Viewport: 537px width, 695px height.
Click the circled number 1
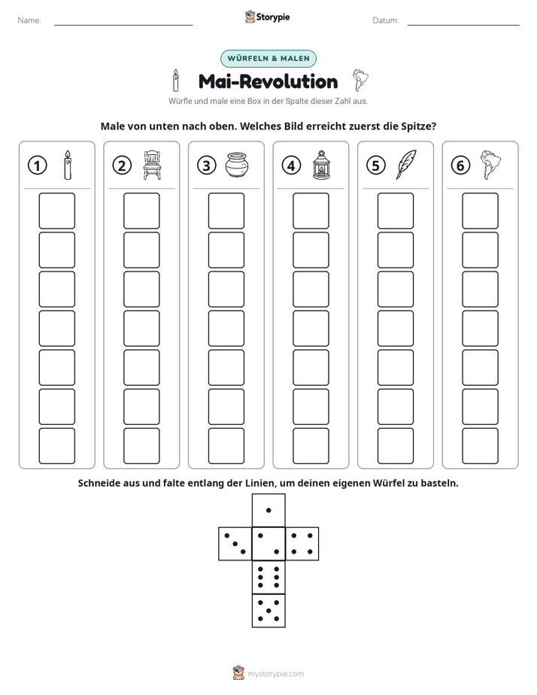[x=37, y=165]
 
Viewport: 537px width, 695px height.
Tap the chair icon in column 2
[x=152, y=165]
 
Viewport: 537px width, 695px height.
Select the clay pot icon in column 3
[x=237, y=165]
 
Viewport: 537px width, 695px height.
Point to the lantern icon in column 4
[x=321, y=165]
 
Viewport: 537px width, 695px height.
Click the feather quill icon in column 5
[x=406, y=165]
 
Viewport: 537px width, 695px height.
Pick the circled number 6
[x=460, y=165]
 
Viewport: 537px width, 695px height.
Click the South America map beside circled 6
[x=490, y=165]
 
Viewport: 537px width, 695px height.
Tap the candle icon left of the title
[x=176, y=80]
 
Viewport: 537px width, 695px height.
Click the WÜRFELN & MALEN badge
[x=268, y=59]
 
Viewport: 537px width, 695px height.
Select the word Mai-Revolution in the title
[x=268, y=81]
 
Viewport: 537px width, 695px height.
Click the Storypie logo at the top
[x=268, y=17]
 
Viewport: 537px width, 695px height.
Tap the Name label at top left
[x=29, y=20]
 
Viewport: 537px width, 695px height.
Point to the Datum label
[x=386, y=20]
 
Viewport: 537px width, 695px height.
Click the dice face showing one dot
[x=268, y=510]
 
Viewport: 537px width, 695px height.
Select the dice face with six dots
[x=268, y=577]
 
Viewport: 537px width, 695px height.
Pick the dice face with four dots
[x=302, y=544]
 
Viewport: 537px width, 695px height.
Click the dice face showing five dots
[x=268, y=611]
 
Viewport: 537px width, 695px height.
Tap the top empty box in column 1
[x=56, y=211]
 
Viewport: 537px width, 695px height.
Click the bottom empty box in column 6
[x=481, y=446]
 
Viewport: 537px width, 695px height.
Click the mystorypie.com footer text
[x=275, y=674]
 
